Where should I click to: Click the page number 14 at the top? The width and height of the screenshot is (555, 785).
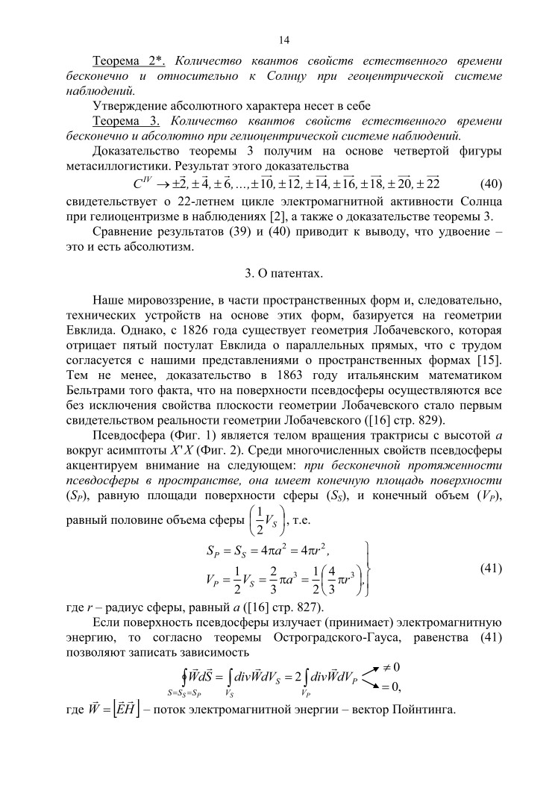pyautogui.click(x=283, y=40)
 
